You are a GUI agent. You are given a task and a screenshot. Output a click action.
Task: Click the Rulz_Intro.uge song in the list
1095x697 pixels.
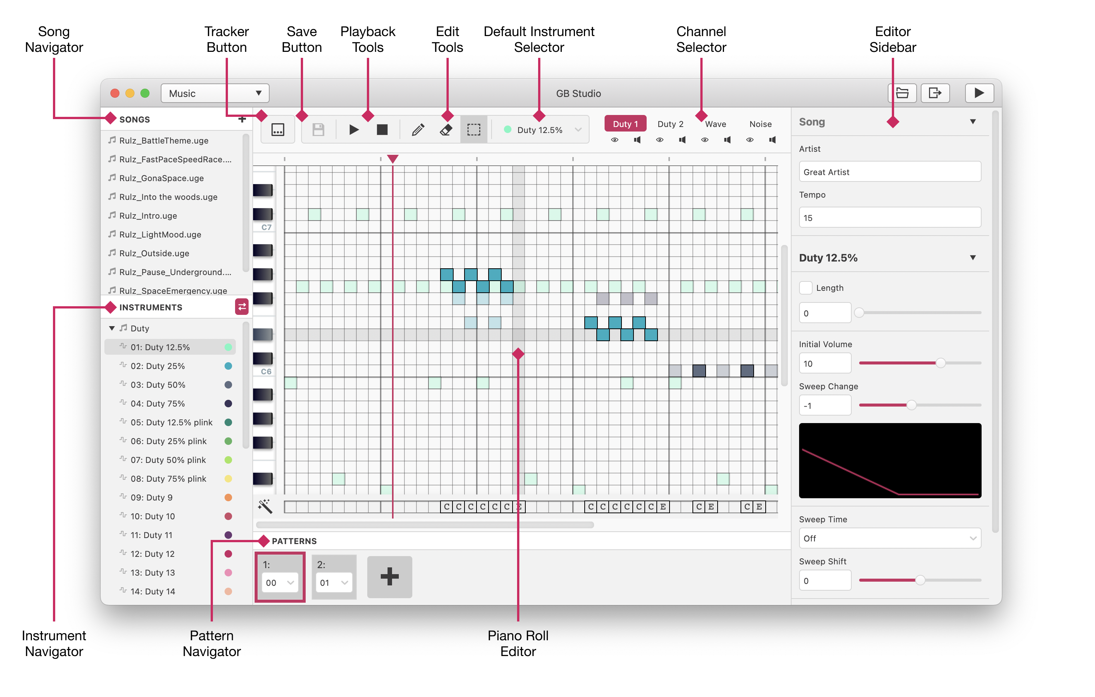click(148, 216)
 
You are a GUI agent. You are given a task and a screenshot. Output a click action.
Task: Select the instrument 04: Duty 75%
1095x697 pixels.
click(157, 404)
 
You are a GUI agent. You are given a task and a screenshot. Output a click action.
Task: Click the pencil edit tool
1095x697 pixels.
click(418, 130)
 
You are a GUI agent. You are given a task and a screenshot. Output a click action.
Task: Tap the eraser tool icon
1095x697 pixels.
click(446, 130)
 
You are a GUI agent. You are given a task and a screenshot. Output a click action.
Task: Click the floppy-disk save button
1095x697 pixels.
click(318, 130)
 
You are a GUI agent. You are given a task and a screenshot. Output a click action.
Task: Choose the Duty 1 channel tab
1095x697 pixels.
click(625, 124)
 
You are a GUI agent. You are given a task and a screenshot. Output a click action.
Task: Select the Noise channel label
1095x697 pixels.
click(760, 124)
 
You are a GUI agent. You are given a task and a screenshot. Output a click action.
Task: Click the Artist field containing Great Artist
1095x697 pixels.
click(890, 172)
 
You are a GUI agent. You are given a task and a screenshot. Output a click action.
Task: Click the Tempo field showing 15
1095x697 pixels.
click(890, 218)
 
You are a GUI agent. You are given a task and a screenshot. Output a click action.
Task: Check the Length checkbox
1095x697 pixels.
click(806, 288)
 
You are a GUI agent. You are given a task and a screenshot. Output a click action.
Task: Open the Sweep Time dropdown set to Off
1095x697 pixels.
click(890, 538)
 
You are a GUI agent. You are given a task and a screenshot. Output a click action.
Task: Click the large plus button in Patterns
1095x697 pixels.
click(390, 577)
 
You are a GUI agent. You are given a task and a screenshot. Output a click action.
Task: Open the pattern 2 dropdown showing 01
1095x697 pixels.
click(334, 583)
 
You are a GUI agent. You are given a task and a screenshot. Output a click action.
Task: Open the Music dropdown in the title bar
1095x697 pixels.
click(215, 93)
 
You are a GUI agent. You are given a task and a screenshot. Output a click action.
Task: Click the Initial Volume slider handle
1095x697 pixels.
click(940, 363)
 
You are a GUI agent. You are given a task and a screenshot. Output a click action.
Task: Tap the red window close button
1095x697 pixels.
click(115, 93)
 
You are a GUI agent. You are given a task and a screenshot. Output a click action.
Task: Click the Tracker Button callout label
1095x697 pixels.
click(226, 39)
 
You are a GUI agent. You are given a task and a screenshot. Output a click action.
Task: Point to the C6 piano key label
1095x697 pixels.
click(266, 372)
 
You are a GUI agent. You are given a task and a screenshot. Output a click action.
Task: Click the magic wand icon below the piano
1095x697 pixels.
click(265, 506)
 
